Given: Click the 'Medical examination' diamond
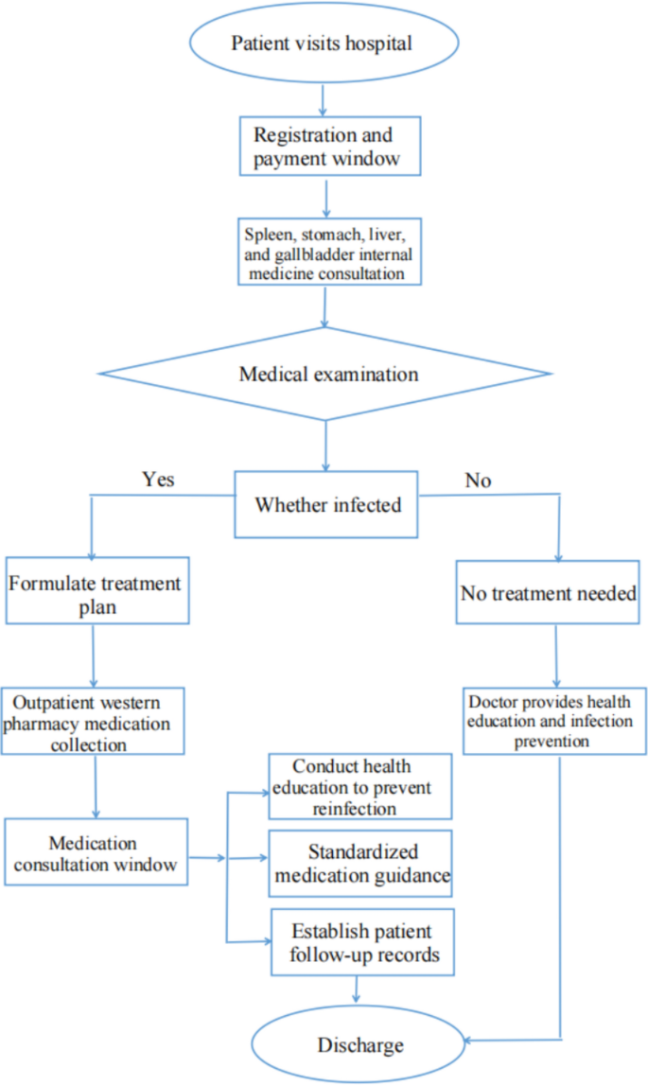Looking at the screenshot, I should pos(327,375).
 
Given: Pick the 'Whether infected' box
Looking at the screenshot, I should pos(327,504).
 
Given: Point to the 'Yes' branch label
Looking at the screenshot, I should pos(158,480).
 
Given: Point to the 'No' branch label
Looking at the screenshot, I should pos(478,481).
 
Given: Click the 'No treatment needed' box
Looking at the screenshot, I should pos(548,593).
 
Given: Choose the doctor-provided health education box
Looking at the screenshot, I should pos(560,720).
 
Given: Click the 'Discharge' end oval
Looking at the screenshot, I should pos(359,1044).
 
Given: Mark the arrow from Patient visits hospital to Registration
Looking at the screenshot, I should pos(324,99).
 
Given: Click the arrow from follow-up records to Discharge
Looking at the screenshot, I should pos(358,989).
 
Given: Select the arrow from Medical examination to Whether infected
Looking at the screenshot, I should pos(327,445).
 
